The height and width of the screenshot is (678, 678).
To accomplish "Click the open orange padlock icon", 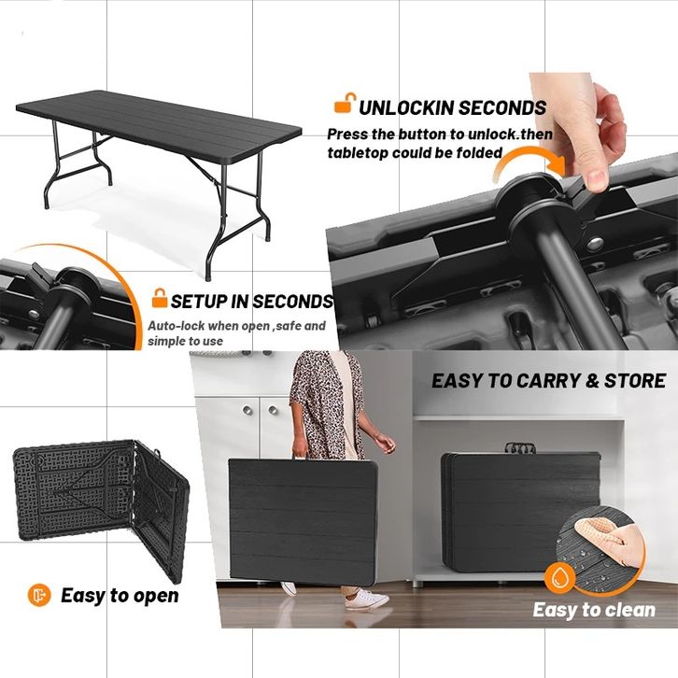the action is click(x=345, y=103).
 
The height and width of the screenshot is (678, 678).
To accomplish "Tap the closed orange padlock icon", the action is click(x=160, y=298).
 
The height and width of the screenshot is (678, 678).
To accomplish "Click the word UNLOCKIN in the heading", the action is click(x=406, y=108).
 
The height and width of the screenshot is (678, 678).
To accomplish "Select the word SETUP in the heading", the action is click(x=199, y=302).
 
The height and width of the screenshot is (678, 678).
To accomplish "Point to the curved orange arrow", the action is click(x=528, y=159).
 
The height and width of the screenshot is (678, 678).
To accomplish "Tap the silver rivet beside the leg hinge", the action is click(x=596, y=243).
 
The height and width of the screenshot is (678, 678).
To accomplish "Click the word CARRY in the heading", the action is click(x=548, y=381).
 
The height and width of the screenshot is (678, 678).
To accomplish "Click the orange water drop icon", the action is click(x=560, y=577).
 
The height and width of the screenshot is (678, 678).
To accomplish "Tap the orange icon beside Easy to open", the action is click(x=39, y=595).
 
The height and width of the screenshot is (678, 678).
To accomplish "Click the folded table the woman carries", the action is click(x=303, y=521).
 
